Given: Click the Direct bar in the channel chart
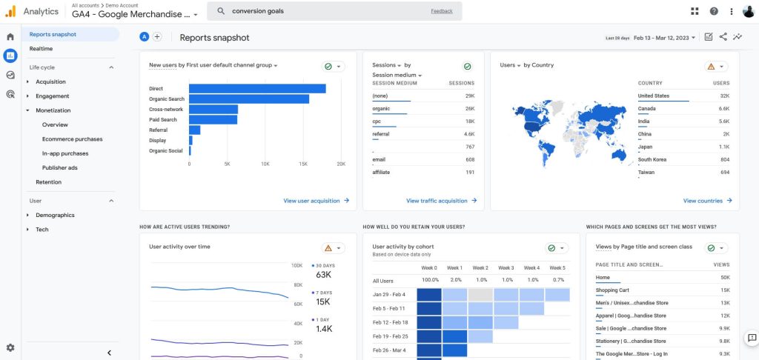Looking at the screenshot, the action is (x=257, y=89).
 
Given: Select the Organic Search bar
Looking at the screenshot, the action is (x=249, y=99).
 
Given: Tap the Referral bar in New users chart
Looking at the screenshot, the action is (x=195, y=130).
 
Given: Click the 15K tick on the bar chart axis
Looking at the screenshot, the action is (x=303, y=164).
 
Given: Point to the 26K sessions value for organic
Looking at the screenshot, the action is (x=470, y=109).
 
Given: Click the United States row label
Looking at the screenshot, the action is (x=654, y=96).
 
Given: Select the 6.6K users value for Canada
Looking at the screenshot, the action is (x=724, y=109).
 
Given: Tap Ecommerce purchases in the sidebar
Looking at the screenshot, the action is (x=72, y=139).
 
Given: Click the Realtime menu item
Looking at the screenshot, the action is (x=42, y=49).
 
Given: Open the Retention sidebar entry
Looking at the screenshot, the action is (x=48, y=182).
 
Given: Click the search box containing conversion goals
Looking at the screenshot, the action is (x=334, y=11).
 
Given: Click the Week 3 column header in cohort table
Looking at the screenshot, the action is (x=506, y=268).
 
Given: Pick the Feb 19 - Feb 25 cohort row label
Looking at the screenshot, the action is (x=390, y=336).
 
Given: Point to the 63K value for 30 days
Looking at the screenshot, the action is (x=323, y=275).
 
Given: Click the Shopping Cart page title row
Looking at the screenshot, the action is (x=612, y=290).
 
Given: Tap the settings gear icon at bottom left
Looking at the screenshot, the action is (x=10, y=348).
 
